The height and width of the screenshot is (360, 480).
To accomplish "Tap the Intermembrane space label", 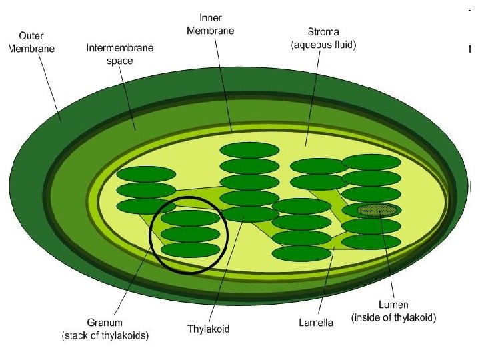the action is (120, 54).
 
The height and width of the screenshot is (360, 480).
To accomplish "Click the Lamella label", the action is (315, 323).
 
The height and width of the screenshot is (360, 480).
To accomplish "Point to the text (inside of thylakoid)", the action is (393, 318).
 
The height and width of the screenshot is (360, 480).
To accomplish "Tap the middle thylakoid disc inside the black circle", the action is (191, 233).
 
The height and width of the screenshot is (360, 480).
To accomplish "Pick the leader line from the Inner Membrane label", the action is (224, 80).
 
